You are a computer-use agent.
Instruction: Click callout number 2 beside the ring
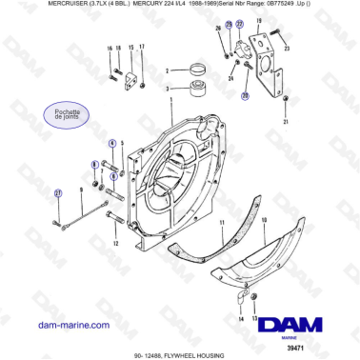point(168,70)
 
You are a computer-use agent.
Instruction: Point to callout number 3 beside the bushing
point(168,90)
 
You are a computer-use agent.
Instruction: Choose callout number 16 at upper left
point(110,48)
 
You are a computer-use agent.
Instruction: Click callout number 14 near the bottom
point(240,320)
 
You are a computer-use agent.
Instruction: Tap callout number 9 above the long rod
point(82,190)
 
